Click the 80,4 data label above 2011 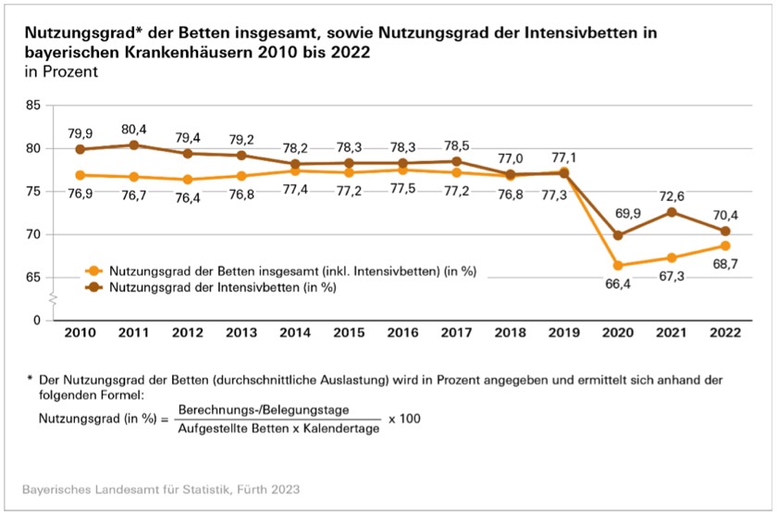[134, 128]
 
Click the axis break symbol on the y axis [54, 299]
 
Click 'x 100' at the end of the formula [404, 419]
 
